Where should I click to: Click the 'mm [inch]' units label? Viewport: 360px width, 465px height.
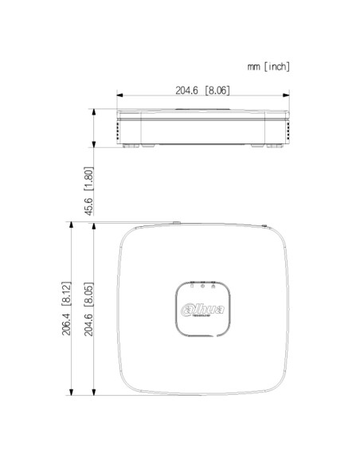click(x=268, y=67)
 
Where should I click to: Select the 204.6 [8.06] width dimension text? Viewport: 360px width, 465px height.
click(x=202, y=91)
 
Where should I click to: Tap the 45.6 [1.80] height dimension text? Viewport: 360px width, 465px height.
click(x=89, y=191)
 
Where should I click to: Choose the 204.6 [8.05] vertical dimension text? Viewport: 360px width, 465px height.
click(x=89, y=308)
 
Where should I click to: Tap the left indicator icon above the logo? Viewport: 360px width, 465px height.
click(x=192, y=284)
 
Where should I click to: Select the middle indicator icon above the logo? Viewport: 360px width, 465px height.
click(x=203, y=284)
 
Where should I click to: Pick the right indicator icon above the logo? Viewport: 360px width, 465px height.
click(x=213, y=284)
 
